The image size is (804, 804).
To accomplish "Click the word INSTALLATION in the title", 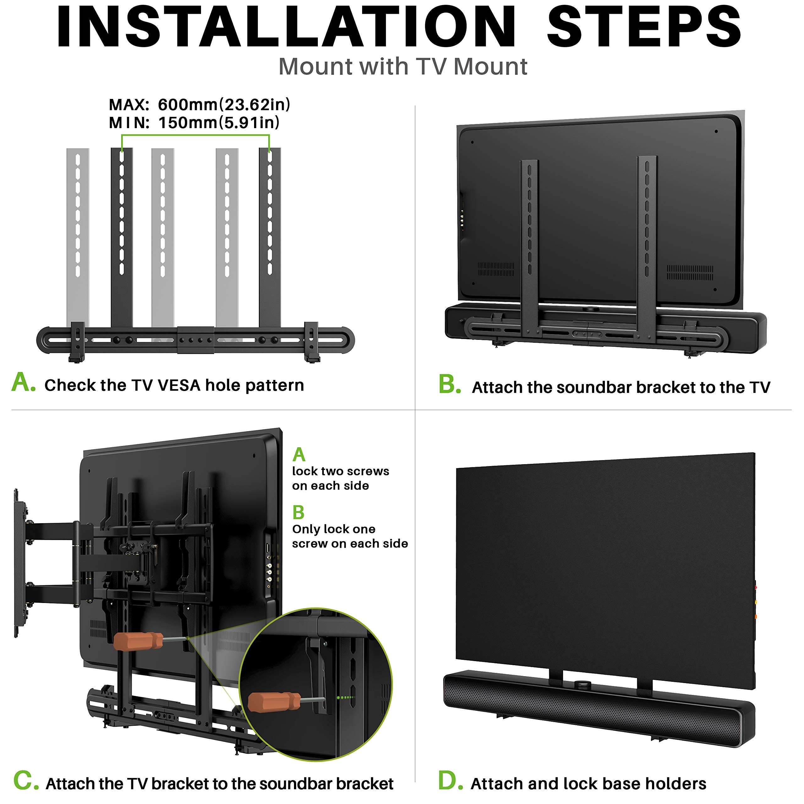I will (x=286, y=27).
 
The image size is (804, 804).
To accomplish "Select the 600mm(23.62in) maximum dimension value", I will (x=224, y=105).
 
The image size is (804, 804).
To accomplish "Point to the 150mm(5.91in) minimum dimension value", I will (x=219, y=123).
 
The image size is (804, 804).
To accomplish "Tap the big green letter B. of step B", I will (x=449, y=384).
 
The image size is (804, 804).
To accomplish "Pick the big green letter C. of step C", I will (x=26, y=781).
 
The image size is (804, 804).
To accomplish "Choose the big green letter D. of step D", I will (x=450, y=781).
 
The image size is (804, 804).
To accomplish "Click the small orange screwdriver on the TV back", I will (x=138, y=641).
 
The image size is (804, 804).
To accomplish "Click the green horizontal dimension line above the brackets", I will (x=195, y=135).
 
